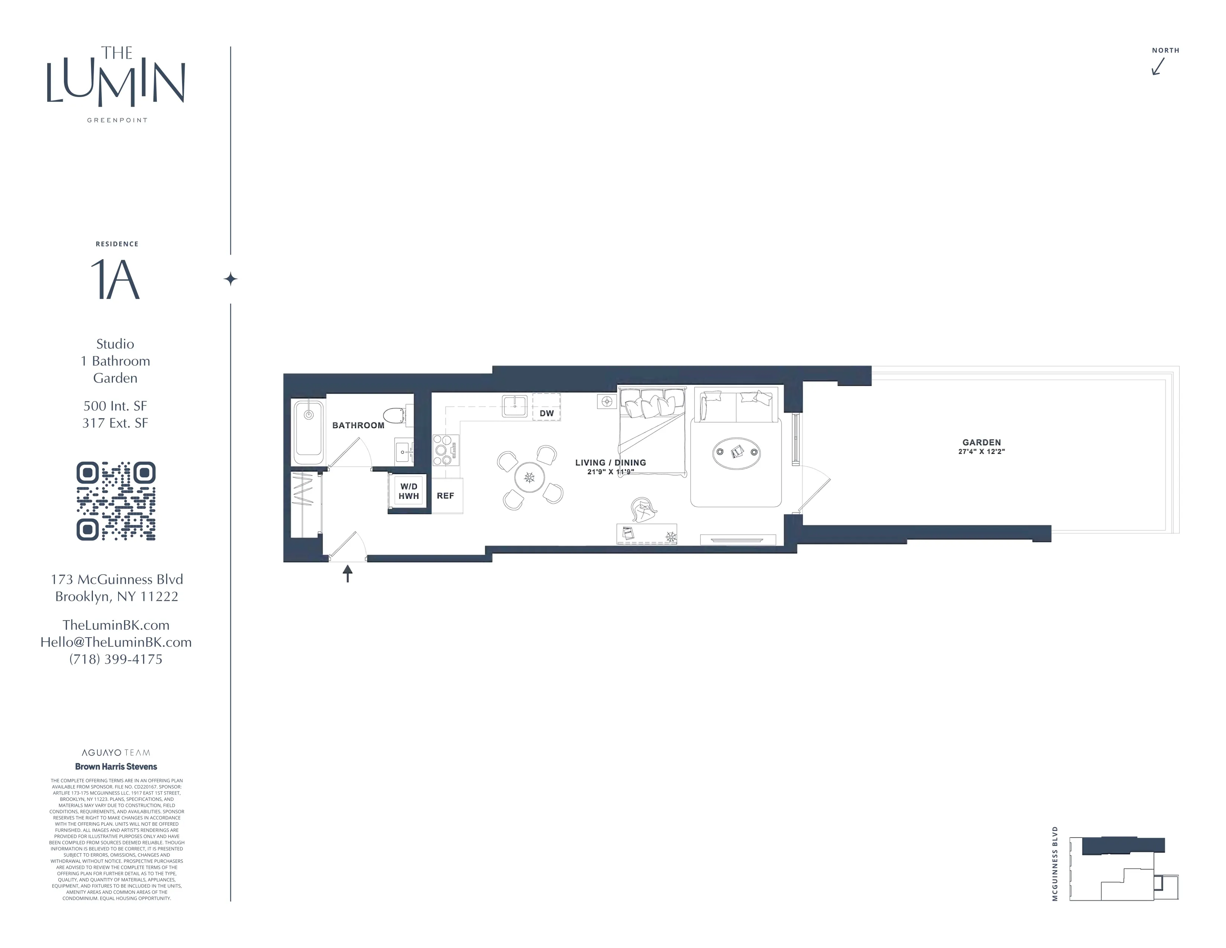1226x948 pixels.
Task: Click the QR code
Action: (116, 501)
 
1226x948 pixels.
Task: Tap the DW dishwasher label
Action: (546, 413)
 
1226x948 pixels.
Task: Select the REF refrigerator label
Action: (445, 496)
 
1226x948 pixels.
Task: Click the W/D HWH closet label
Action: (409, 491)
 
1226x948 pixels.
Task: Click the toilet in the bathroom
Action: (395, 416)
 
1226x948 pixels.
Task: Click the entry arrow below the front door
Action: (347, 573)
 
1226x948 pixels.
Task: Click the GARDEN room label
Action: (981, 442)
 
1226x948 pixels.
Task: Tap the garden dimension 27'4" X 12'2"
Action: (981, 452)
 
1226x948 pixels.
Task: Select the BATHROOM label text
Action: (358, 426)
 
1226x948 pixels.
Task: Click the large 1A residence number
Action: (115, 280)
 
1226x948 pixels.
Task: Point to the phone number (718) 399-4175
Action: (116, 660)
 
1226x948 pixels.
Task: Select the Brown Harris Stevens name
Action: (116, 767)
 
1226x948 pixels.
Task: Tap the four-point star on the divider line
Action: (231, 279)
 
